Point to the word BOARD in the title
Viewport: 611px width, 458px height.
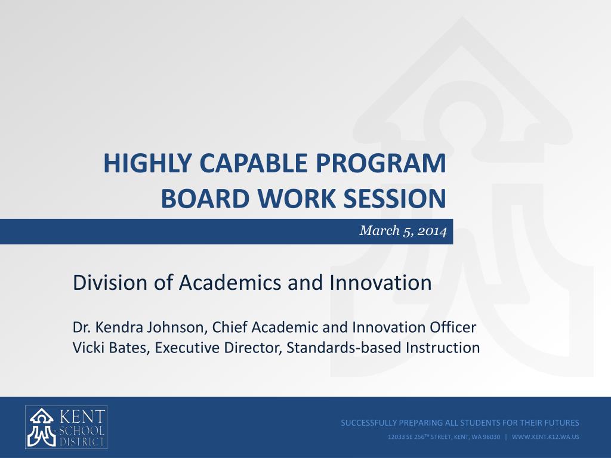(205, 198)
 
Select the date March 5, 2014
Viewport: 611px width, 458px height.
(403, 231)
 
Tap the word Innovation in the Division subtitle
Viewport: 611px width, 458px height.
(380, 282)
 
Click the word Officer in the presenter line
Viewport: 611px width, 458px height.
(453, 327)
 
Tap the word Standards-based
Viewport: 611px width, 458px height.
(344, 348)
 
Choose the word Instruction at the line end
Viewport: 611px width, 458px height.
(443, 348)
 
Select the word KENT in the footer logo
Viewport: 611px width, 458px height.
(82, 417)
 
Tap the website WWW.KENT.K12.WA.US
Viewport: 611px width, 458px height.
(545, 437)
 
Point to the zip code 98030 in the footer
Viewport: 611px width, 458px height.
(491, 437)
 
